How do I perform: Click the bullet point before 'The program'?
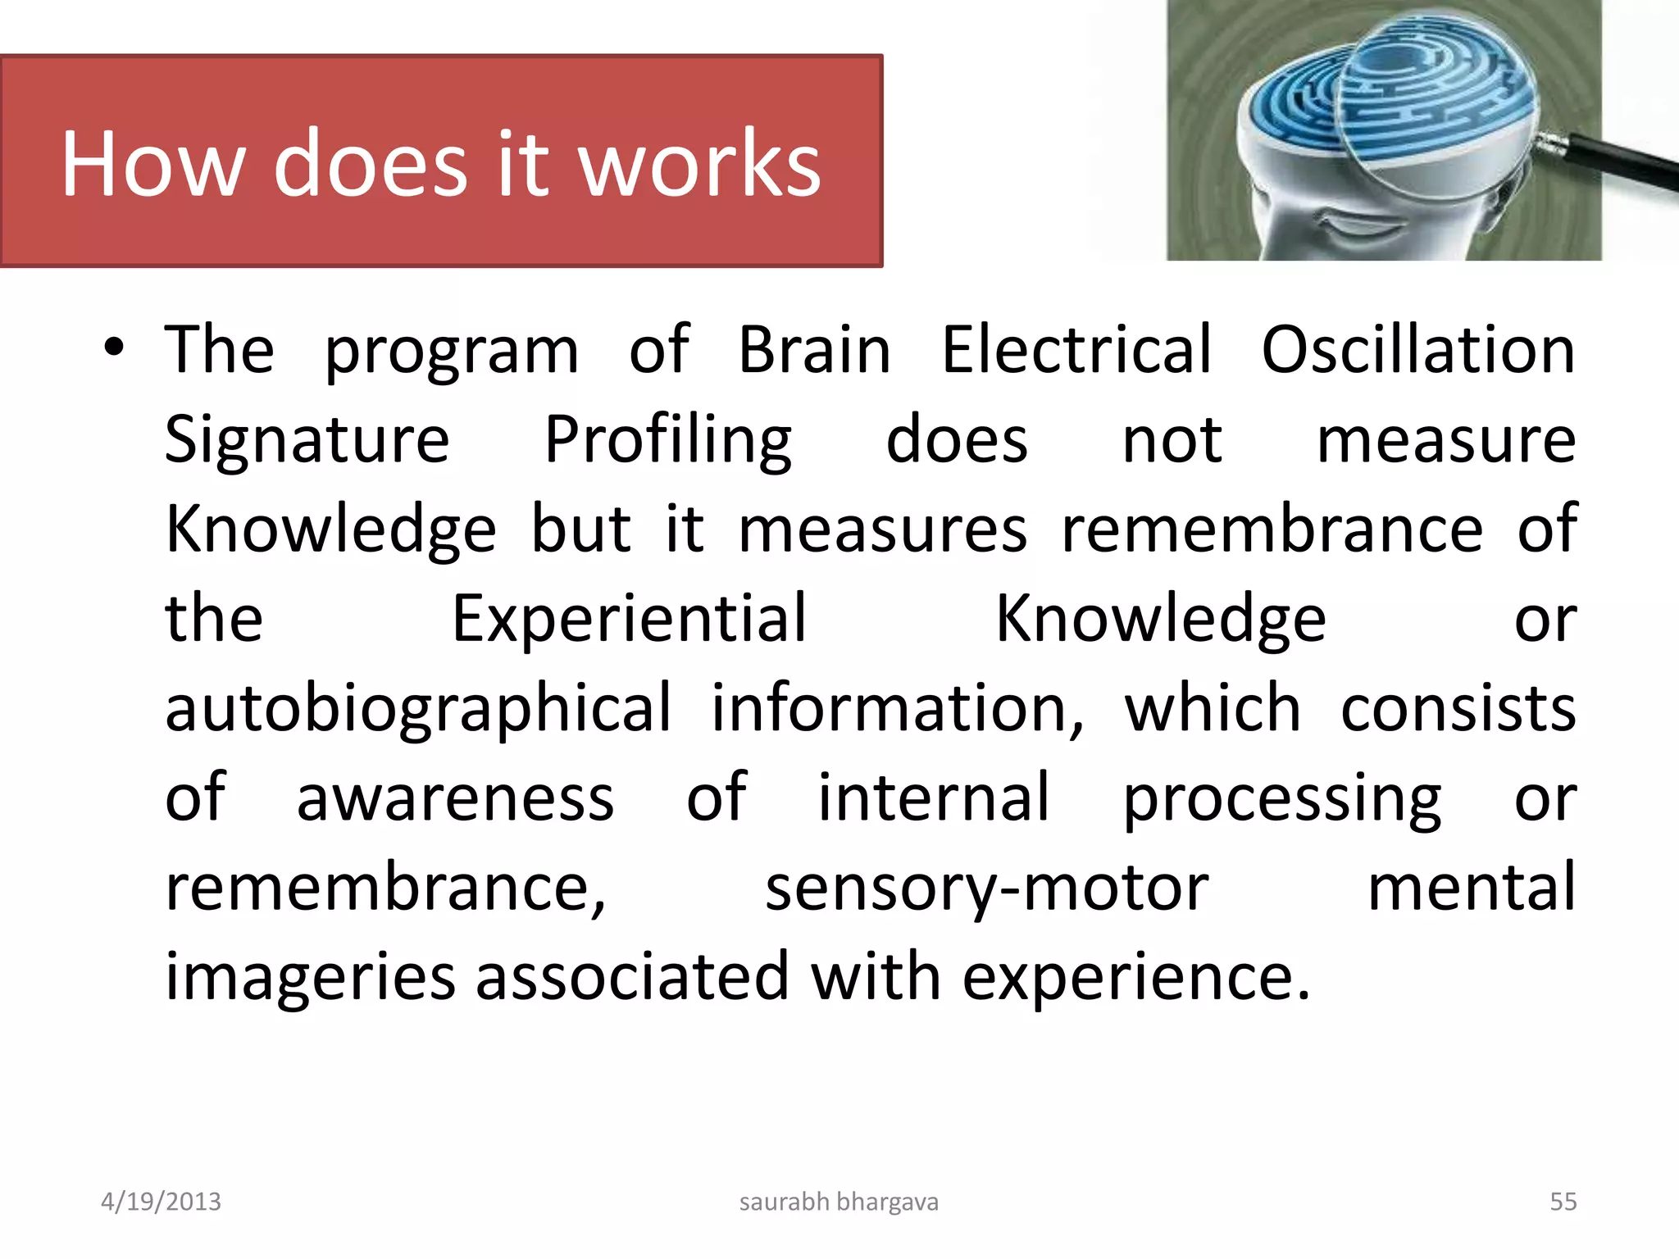tap(114, 348)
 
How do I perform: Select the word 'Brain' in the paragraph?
tap(813, 351)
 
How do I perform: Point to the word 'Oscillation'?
tap(1417, 351)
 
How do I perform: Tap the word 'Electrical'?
tap(1076, 351)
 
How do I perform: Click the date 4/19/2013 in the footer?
tap(161, 1202)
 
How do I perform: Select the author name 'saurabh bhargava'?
tap(839, 1202)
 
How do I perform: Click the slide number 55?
tap(1563, 1202)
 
